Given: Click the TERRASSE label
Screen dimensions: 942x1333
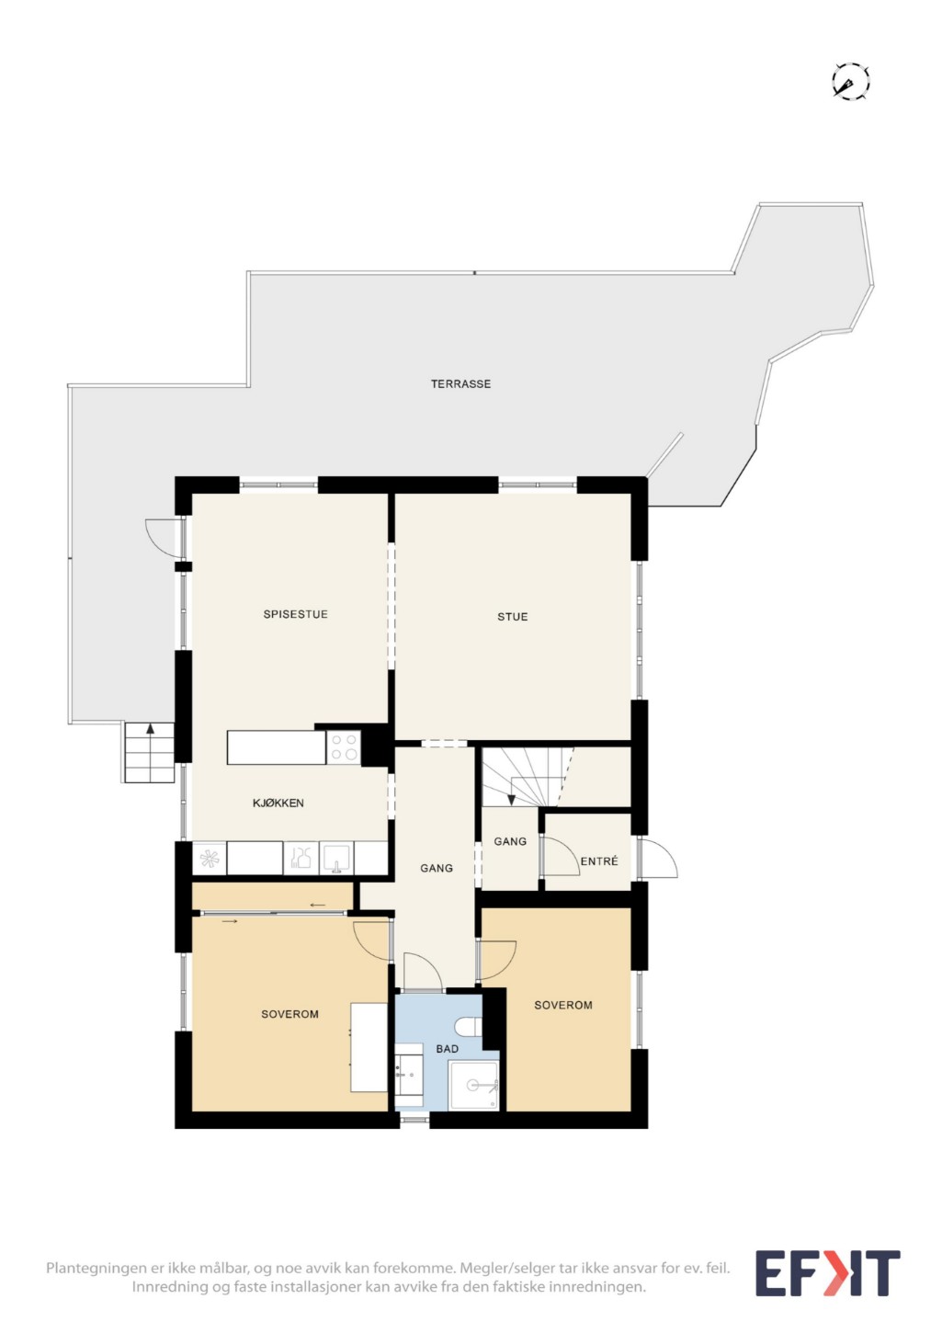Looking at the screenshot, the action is [460, 384].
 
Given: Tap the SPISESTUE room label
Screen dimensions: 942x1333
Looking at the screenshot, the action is [295, 614].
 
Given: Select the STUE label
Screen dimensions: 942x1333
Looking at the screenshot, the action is [513, 617].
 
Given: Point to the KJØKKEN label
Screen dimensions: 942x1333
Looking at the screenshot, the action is [278, 803].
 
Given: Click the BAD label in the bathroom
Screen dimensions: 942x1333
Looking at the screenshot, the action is [447, 1049].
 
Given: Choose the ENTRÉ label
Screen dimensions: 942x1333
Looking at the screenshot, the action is [599, 860].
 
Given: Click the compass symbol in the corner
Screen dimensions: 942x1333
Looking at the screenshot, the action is [850, 80].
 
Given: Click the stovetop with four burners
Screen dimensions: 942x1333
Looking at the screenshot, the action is [344, 747].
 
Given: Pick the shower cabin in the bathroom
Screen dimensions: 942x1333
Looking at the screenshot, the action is [473, 1086].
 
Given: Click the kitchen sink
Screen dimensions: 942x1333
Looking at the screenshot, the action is [336, 857].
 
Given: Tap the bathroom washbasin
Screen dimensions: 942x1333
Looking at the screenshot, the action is [409, 1075].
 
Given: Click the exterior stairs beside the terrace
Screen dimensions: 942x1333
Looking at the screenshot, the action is [149, 753].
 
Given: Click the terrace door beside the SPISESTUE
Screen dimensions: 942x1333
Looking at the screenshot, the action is [165, 538].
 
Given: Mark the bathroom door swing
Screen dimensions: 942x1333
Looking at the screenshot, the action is [423, 971].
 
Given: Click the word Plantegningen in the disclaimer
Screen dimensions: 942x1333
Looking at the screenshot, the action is [96, 1268].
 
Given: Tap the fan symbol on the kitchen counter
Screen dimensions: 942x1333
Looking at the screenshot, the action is [209, 858].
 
